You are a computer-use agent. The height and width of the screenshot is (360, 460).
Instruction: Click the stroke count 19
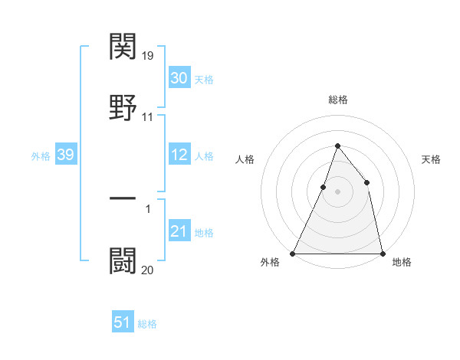[x=149, y=56]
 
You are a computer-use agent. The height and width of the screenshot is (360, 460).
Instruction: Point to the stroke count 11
[x=148, y=117]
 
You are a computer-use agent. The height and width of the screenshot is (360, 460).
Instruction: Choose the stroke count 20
[x=148, y=270]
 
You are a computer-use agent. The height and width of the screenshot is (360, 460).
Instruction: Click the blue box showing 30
[x=179, y=78]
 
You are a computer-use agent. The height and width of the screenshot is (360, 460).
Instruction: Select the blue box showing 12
[x=179, y=155]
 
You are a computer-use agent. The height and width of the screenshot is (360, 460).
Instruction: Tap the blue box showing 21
[x=179, y=231]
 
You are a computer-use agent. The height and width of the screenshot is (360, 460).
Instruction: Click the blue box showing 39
[x=65, y=155]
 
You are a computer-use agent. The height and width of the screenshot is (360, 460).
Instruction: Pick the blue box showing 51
[x=123, y=322]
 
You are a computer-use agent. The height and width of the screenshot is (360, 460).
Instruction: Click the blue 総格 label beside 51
[x=147, y=324]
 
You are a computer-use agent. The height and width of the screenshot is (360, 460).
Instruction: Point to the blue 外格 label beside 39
[x=41, y=156]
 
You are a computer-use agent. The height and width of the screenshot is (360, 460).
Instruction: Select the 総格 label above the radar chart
[x=337, y=100]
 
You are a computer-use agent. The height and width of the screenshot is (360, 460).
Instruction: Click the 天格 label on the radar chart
[x=432, y=159]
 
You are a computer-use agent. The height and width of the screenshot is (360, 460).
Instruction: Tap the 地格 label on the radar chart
[x=402, y=263]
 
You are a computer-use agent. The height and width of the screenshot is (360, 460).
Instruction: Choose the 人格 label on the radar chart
[x=245, y=159]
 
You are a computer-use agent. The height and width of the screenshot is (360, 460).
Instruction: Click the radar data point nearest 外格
[x=293, y=253]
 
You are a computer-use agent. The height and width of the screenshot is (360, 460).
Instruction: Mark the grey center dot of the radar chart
[x=337, y=191]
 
